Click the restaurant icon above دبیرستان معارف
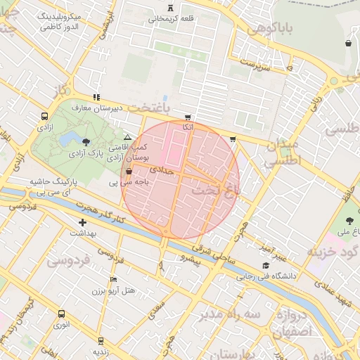click(96, 98)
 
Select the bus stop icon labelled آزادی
click(45, 117)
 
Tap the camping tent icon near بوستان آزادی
click(127, 137)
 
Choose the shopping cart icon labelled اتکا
click(186, 117)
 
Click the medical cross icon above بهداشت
click(83, 222)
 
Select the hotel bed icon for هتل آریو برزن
click(113, 279)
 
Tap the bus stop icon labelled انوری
click(62, 314)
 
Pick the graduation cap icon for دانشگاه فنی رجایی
click(265, 266)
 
